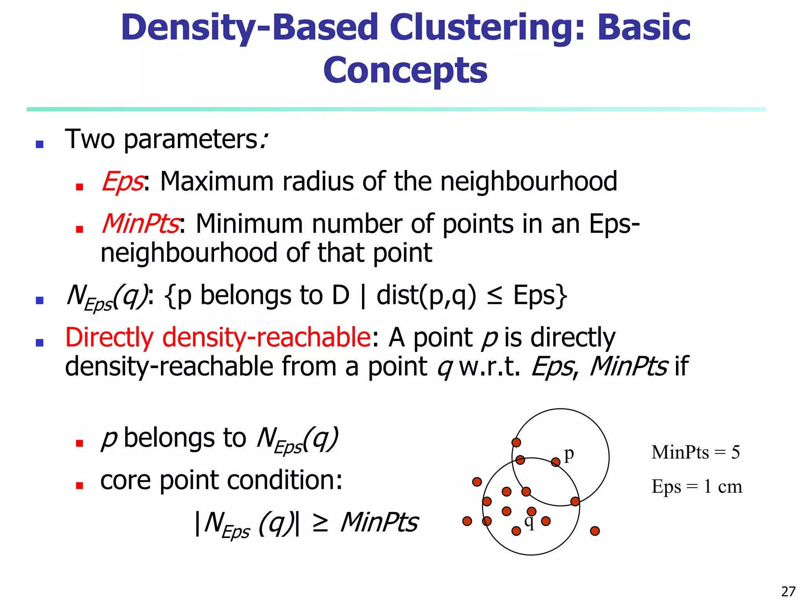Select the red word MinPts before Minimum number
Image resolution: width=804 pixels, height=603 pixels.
140,224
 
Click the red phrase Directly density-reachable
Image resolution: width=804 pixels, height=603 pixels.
217,338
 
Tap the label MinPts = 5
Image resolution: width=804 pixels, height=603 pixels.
695,452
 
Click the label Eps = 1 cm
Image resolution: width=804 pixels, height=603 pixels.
696,487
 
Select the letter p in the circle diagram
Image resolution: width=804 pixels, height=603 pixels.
569,454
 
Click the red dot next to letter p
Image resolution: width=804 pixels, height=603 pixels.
555,462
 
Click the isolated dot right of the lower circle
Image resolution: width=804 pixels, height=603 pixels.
595,531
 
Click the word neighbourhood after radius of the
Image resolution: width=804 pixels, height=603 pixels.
529,182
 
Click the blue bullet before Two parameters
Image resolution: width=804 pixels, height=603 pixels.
39,144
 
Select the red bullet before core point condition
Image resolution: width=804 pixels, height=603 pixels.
79,486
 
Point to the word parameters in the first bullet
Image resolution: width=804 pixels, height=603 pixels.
191,140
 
